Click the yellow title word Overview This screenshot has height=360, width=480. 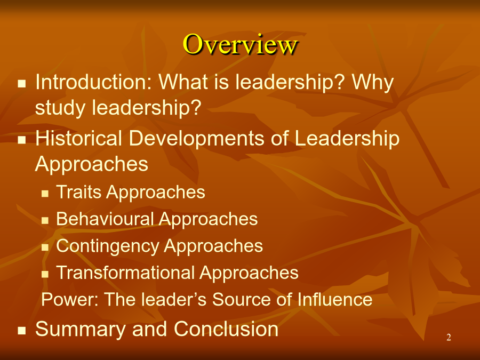click(x=241, y=45)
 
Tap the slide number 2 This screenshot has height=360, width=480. click(x=449, y=338)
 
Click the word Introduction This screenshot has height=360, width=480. click(x=94, y=82)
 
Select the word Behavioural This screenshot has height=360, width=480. click(x=105, y=219)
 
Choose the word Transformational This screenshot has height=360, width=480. click(x=125, y=273)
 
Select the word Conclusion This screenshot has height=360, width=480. click(x=226, y=329)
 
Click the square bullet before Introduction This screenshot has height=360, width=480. click(x=22, y=84)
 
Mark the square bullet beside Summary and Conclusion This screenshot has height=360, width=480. click(x=22, y=331)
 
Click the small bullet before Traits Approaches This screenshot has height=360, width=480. click(x=45, y=194)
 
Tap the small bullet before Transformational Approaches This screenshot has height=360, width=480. click(x=45, y=274)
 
